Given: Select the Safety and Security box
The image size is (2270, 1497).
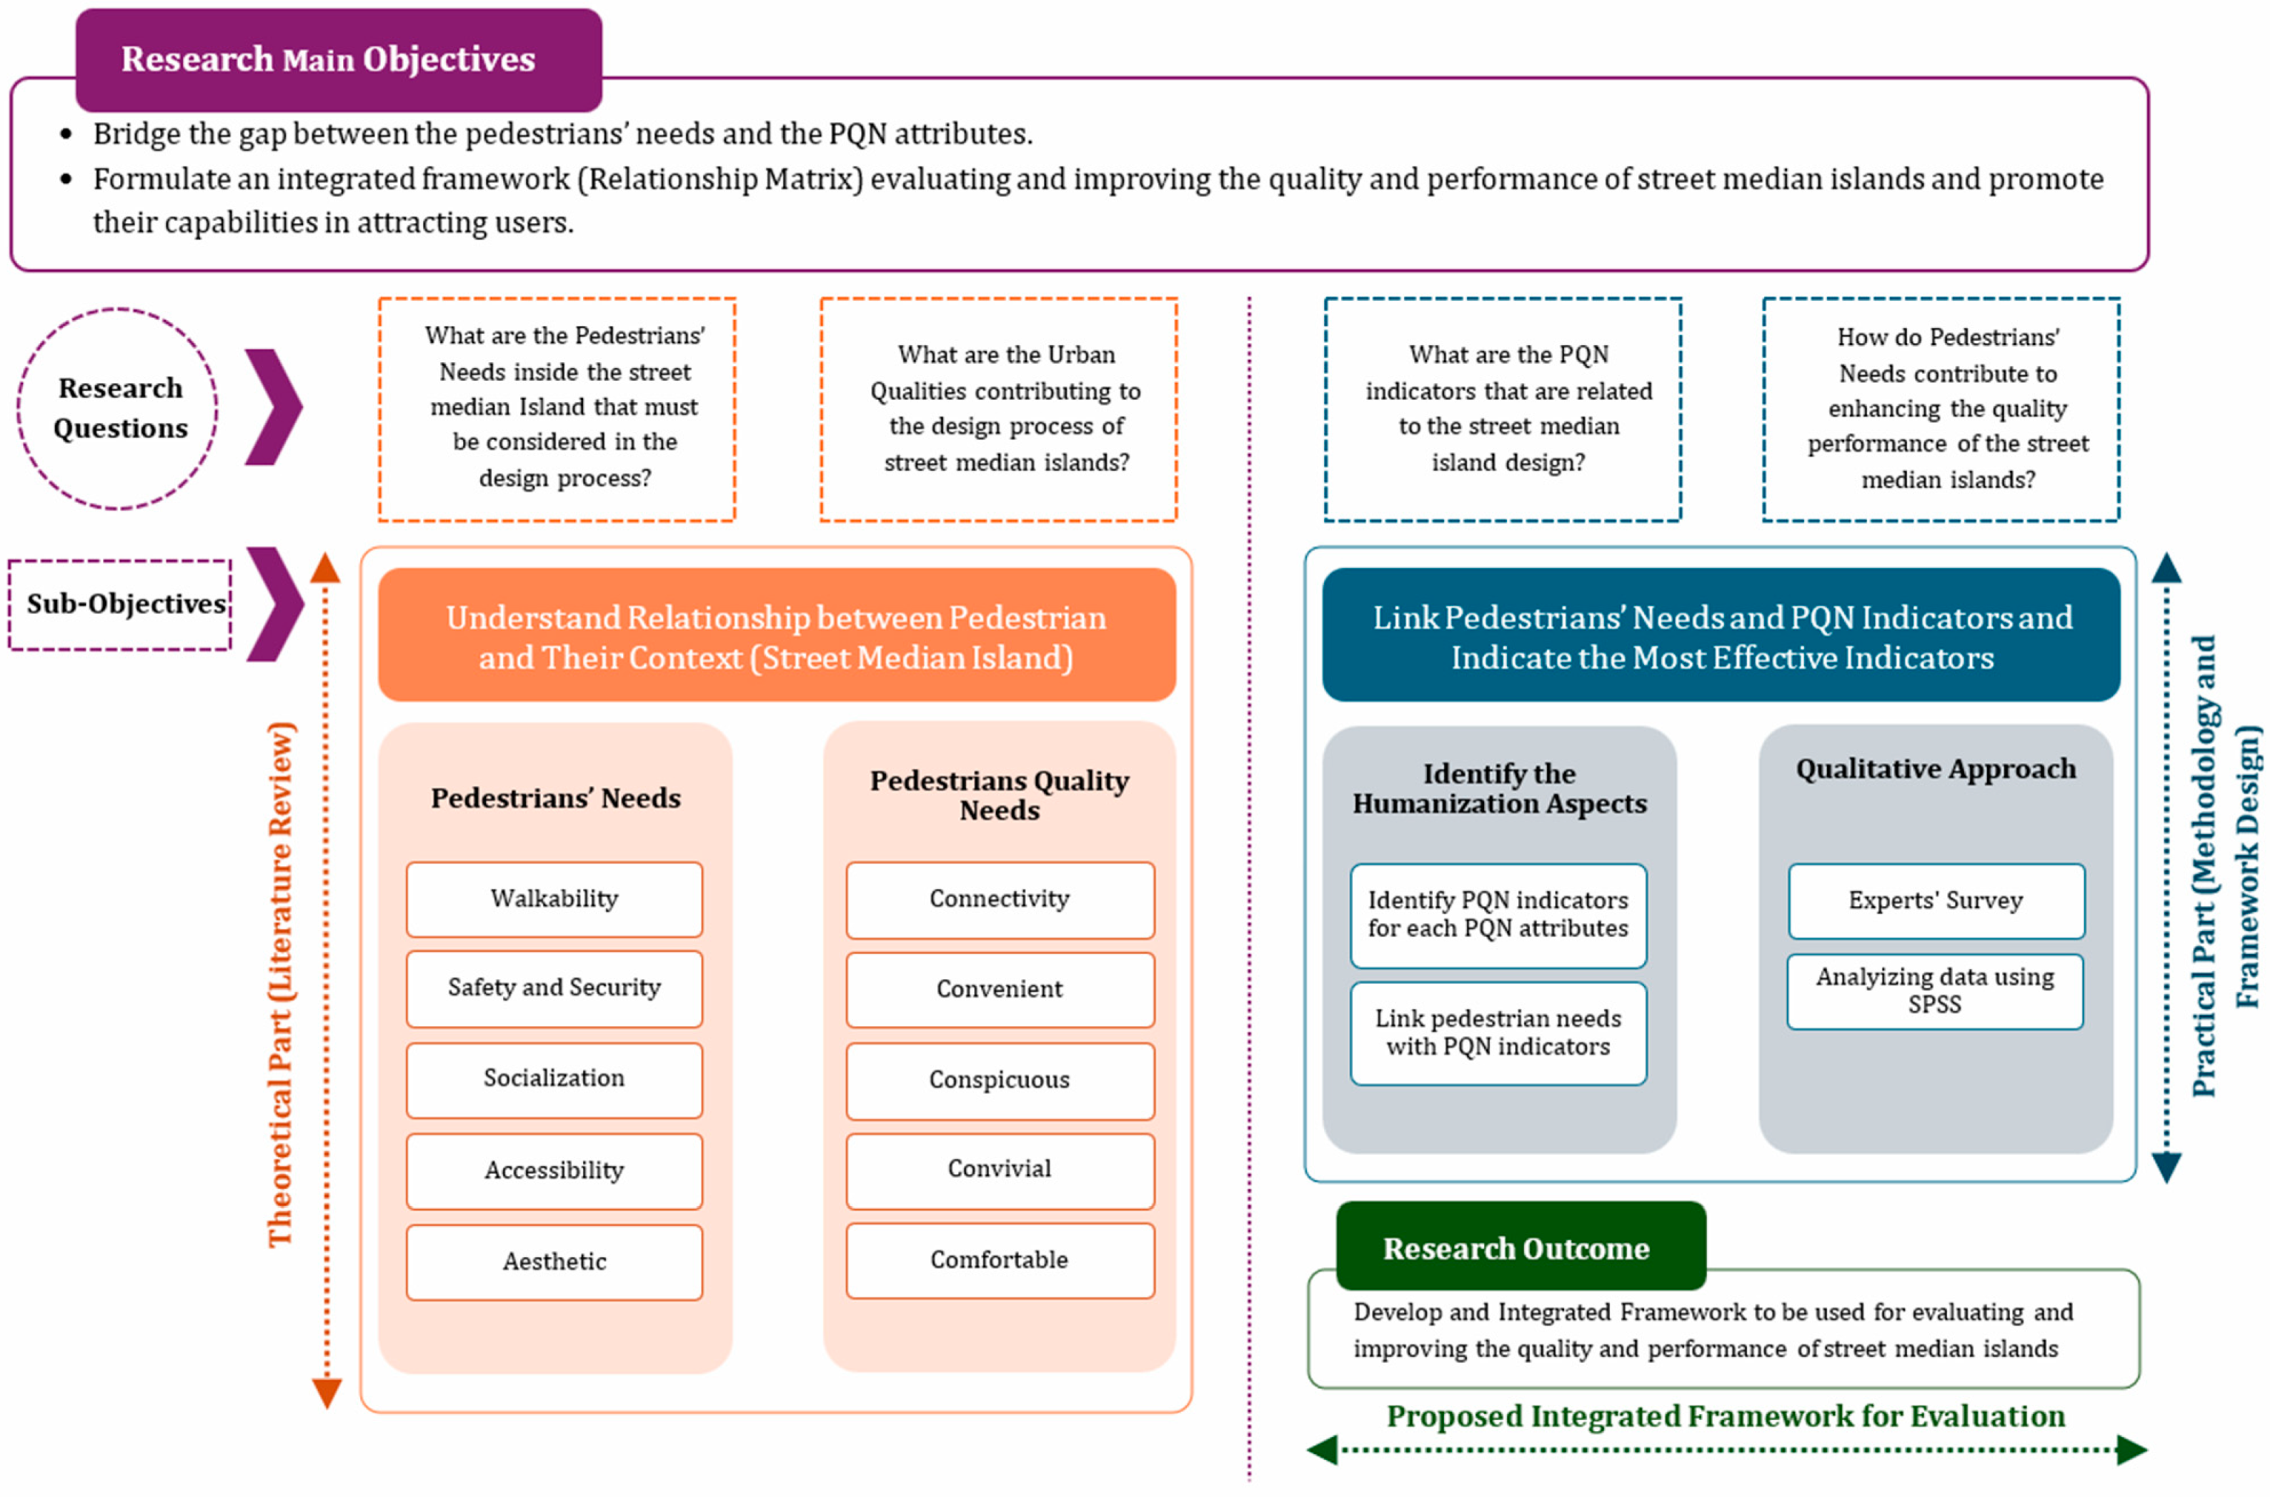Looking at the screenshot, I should (x=554, y=988).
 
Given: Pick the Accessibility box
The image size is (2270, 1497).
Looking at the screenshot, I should (x=554, y=1170).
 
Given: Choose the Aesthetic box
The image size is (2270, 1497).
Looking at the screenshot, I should (x=554, y=1261).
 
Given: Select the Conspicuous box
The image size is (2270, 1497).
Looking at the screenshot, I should (x=1000, y=1080).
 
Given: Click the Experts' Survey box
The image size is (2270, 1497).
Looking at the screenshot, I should (x=1935, y=900).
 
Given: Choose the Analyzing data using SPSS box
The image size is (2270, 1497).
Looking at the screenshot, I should (x=1935, y=991).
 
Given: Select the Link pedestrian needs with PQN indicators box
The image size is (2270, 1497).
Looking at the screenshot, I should (x=1498, y=1033).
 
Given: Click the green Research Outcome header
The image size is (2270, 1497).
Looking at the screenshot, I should (x=1520, y=1247).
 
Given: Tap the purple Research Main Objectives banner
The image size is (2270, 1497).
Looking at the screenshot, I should (x=338, y=59).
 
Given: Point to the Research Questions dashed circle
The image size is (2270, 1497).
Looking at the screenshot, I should (x=119, y=409).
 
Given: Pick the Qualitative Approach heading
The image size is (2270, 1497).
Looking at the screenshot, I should (x=1935, y=769).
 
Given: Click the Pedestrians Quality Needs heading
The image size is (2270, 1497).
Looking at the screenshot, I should (x=1000, y=795).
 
